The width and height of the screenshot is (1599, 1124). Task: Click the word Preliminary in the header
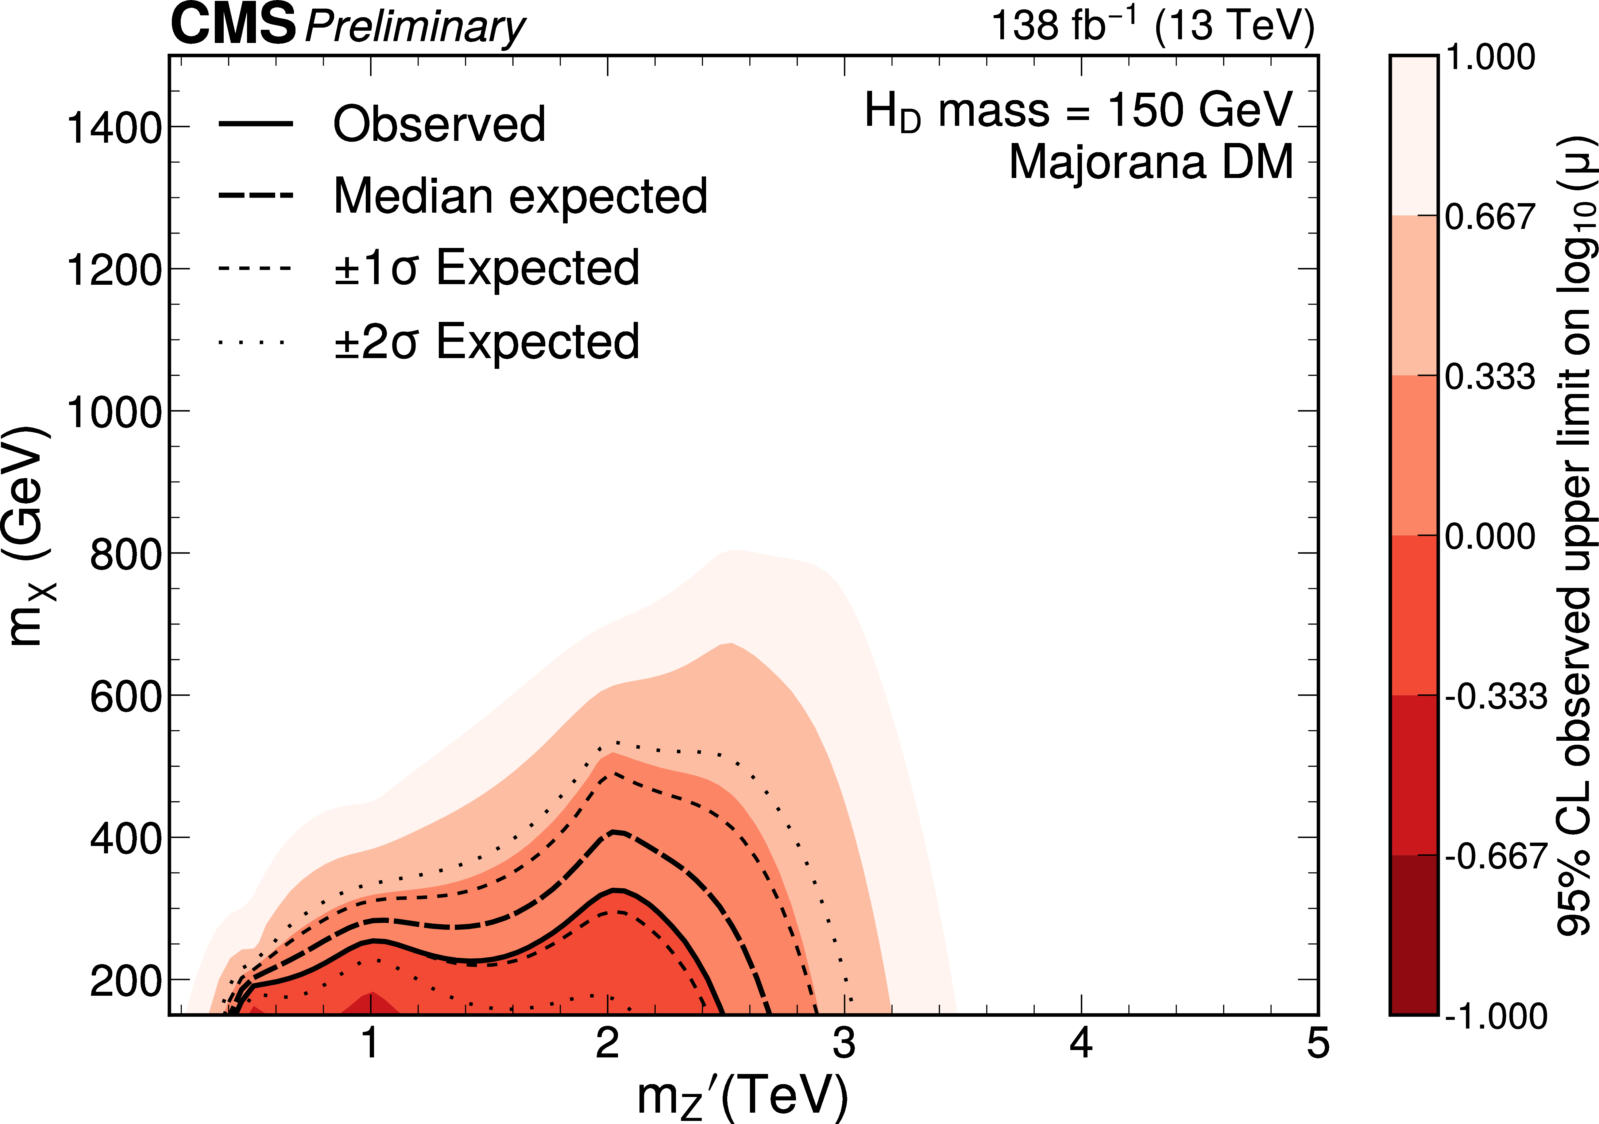415,28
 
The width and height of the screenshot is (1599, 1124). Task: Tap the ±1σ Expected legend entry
486,268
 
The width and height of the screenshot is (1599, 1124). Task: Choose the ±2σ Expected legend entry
486,342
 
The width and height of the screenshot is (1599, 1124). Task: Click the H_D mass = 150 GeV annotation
1078,111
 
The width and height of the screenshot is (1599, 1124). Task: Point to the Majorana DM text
1150,162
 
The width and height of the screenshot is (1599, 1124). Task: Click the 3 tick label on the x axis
844,1045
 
